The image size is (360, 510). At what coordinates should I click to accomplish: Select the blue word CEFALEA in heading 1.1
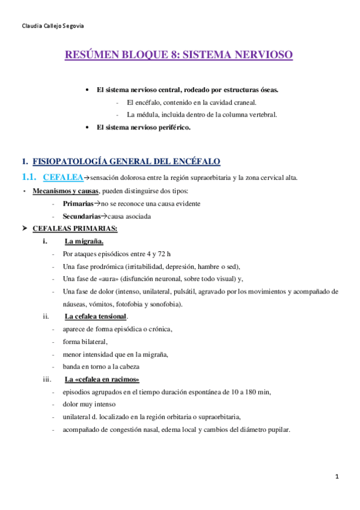(x=63, y=177)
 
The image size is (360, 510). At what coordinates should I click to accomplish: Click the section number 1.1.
(x=28, y=177)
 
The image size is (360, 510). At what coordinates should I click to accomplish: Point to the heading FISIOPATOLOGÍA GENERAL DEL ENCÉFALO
(x=126, y=161)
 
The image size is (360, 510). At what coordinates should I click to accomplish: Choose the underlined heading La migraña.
(x=84, y=242)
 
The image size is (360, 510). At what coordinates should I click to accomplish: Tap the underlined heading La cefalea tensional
(x=96, y=316)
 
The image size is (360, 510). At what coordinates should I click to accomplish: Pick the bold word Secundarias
(x=82, y=217)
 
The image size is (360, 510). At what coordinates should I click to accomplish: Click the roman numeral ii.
(x=46, y=316)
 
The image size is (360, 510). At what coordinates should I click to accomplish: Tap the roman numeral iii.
(x=47, y=379)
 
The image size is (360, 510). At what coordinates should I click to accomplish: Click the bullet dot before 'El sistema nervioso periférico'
(x=89, y=127)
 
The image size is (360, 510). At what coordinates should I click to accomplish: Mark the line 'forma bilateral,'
(x=85, y=342)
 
